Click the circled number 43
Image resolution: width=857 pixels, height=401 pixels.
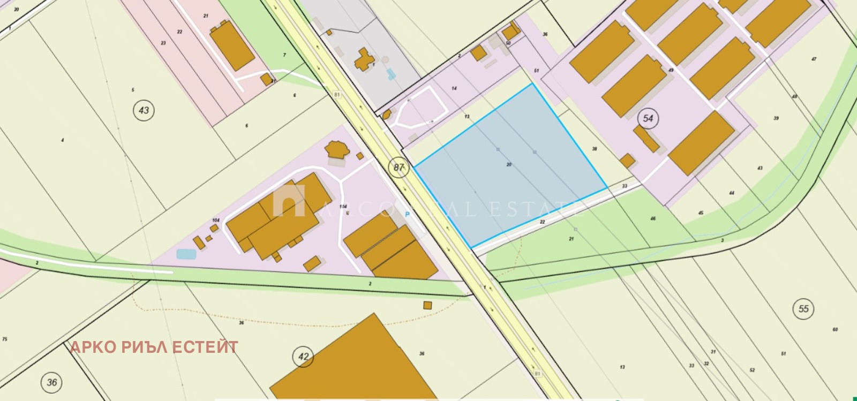(144, 111)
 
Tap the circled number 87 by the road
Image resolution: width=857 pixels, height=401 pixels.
(399, 167)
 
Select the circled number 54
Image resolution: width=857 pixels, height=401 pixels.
(648, 118)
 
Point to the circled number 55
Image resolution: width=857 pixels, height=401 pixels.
(803, 309)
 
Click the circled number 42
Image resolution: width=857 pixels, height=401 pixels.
(304, 357)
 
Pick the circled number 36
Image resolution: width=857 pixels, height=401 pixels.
(51, 382)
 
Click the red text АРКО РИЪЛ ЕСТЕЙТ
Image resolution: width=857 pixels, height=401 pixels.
(154, 347)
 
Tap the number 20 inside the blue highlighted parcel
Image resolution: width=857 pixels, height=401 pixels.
(509, 165)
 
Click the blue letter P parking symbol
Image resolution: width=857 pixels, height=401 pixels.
(407, 215)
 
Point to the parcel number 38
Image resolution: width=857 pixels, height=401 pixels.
(594, 149)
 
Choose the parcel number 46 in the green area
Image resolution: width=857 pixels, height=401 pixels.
(653, 218)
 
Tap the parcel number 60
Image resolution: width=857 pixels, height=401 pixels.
(835, 330)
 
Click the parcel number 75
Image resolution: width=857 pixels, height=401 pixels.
(5, 339)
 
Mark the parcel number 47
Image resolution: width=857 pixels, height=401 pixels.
(814, 59)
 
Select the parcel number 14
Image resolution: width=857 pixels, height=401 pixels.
(454, 88)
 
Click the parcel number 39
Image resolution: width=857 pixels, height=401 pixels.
(776, 118)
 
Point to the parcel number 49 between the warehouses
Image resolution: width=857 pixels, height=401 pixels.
(671, 70)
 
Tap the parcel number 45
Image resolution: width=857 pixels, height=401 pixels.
(701, 213)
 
